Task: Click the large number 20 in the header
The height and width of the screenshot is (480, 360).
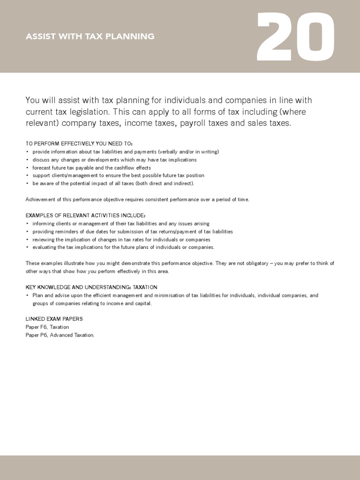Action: pyautogui.click(x=296, y=36)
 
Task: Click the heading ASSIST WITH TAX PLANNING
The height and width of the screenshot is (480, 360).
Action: pyautogui.click(x=90, y=36)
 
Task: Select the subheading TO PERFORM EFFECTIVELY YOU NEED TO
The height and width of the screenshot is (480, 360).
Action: pyautogui.click(x=79, y=143)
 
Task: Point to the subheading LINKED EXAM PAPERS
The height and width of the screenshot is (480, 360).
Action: pyautogui.click(x=54, y=319)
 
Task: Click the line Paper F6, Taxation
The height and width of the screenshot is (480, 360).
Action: pyautogui.click(x=47, y=327)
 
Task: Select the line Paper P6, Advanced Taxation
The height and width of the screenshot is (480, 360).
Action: pyautogui.click(x=60, y=335)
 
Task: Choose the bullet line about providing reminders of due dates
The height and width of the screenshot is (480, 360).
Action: pyautogui.click(x=133, y=232)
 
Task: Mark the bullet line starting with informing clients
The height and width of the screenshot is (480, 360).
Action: pyautogui.click(x=121, y=224)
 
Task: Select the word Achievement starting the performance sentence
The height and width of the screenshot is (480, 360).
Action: pyautogui.click(x=40, y=199)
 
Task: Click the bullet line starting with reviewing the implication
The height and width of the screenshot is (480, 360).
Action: pyautogui.click(x=121, y=239)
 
